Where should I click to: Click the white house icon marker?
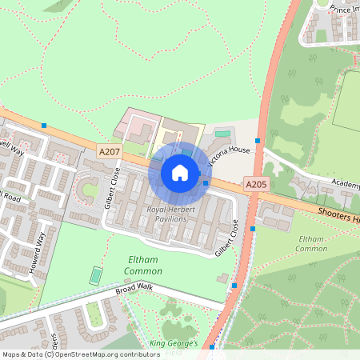180,172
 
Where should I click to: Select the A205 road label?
256,184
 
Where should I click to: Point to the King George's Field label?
176,347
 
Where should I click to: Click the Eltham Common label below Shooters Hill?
310,244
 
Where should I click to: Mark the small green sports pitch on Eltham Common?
96,275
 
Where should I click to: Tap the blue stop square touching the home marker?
206,183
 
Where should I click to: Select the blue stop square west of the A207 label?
44,125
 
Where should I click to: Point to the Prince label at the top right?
343,9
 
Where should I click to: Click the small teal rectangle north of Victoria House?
222,132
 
